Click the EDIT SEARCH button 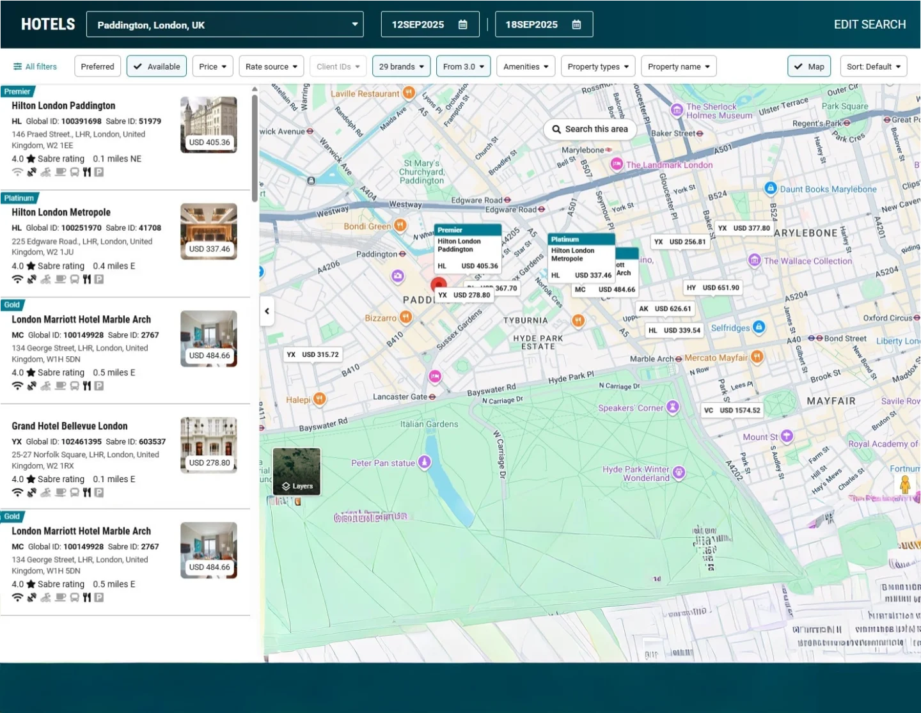tap(869, 24)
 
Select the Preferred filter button tap(97, 67)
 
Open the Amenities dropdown tap(526, 67)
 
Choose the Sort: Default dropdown tap(873, 67)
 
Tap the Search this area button tap(590, 129)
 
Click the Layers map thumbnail tap(297, 471)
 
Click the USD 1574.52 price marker tap(732, 411)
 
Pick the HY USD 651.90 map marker tap(713, 288)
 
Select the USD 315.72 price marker tap(313, 355)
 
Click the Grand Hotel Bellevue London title tap(70, 426)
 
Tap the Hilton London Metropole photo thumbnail tap(209, 231)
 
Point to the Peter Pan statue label tap(383, 463)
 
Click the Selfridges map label tap(730, 328)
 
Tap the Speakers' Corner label tap(631, 408)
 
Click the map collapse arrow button tap(267, 311)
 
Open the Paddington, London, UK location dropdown tap(224, 25)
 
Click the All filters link tap(35, 67)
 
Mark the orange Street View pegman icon tap(905, 484)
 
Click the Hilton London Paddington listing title tap(63, 106)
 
